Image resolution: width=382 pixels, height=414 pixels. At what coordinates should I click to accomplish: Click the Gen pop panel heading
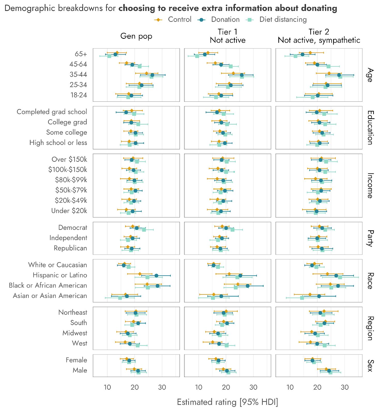[136, 36]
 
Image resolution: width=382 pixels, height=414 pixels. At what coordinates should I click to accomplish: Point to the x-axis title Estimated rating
[227, 402]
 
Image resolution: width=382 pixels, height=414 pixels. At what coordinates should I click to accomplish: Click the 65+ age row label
[81, 54]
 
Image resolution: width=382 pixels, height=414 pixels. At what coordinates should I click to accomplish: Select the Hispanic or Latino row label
[60, 275]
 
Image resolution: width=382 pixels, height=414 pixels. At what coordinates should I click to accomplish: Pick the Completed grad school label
[52, 112]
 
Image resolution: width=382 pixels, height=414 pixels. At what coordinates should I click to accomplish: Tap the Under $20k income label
[69, 211]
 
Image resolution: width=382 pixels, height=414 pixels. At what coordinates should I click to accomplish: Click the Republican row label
[70, 248]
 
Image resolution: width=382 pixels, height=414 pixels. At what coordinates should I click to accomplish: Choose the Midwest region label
[75, 333]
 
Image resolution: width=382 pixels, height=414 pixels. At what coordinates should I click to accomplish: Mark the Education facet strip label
[370, 128]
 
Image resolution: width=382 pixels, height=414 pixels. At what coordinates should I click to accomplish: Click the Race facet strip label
[370, 281]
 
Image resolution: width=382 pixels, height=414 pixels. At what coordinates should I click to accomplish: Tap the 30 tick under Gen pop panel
[162, 387]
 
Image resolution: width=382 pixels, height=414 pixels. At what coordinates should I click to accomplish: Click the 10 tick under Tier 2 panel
[290, 387]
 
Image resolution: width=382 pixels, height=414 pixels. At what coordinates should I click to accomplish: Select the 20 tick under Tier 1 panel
[226, 387]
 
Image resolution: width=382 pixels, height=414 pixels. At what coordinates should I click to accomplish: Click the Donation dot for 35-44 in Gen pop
[152, 75]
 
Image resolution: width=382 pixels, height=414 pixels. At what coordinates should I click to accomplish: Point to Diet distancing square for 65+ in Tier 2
[295, 56]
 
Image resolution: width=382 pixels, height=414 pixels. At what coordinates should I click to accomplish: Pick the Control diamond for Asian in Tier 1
[214, 294]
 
